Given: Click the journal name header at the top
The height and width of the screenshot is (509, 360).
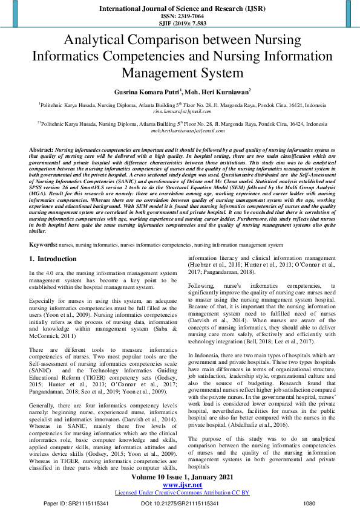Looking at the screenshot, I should (x=180, y=9).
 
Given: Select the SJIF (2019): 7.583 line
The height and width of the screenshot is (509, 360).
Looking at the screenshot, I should (x=180, y=24).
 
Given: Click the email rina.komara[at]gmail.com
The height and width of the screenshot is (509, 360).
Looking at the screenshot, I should (x=180, y=112).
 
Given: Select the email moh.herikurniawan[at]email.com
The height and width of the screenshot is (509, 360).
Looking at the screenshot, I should (x=180, y=131).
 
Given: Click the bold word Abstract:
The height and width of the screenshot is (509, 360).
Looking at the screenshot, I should (x=41, y=149).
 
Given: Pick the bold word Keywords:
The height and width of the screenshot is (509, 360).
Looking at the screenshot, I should (x=44, y=245).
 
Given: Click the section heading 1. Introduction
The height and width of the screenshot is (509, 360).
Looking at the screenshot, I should (x=53, y=259).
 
